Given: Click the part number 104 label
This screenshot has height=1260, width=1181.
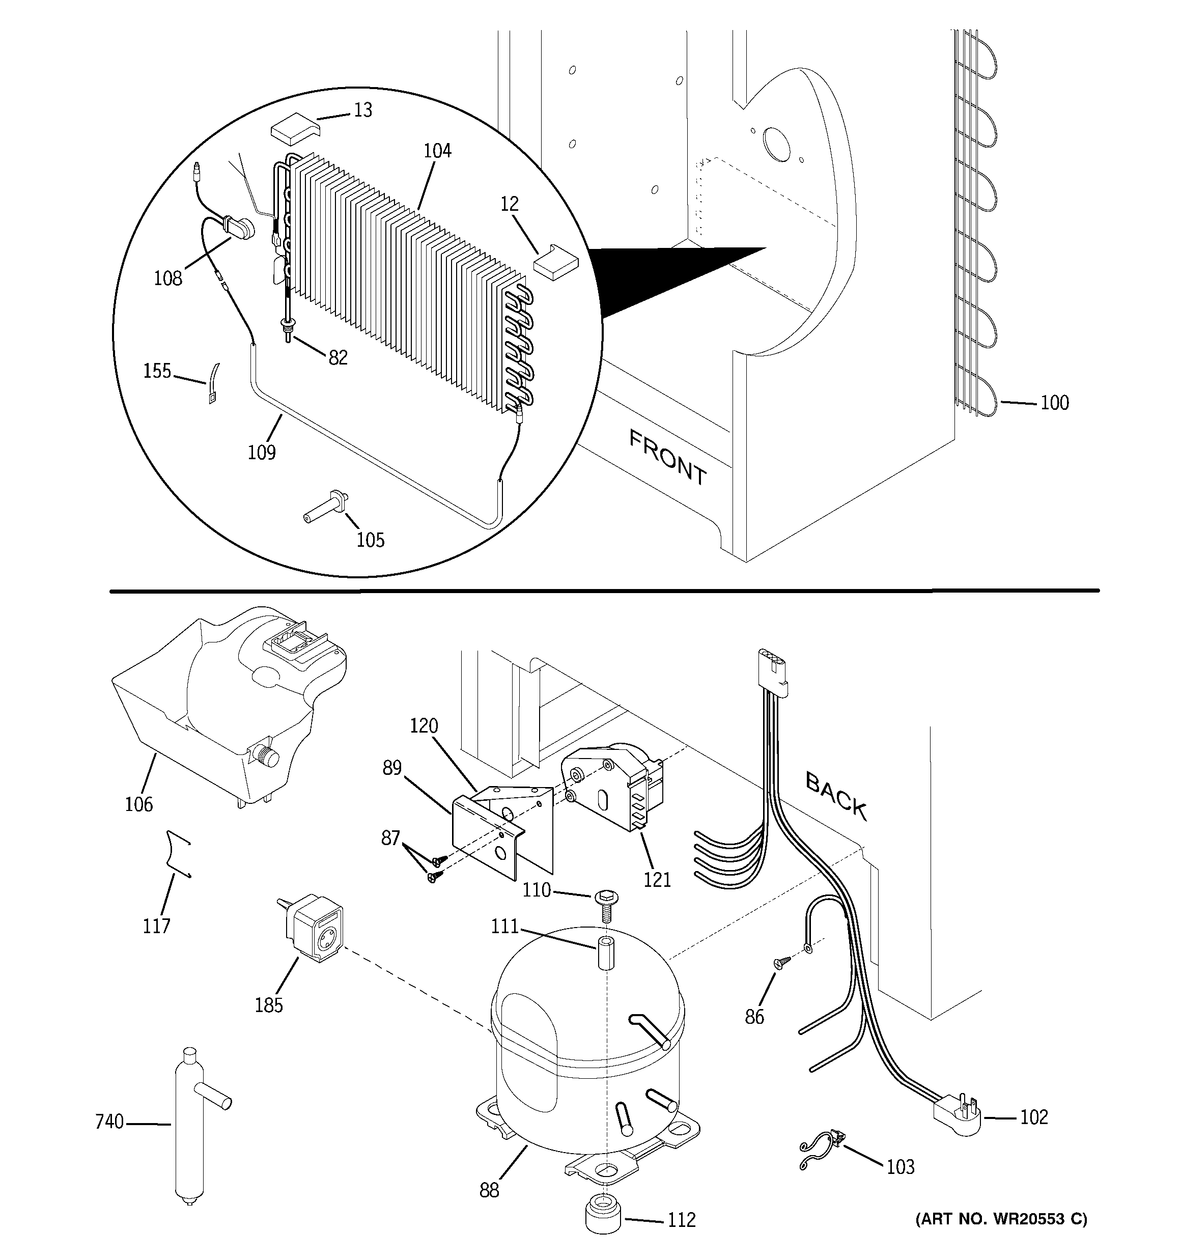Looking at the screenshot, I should [437, 151].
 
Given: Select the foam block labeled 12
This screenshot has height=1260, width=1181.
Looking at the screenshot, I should [556, 262].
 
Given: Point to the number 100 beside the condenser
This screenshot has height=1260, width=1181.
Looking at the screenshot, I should [1054, 403].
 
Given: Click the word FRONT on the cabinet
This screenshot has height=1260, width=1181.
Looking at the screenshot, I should [667, 456].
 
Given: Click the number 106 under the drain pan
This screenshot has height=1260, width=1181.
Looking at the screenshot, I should [139, 804].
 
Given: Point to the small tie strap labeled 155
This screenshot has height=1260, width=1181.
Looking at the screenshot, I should [213, 383].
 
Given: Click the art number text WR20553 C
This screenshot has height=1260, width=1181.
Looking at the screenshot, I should [1002, 1218].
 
